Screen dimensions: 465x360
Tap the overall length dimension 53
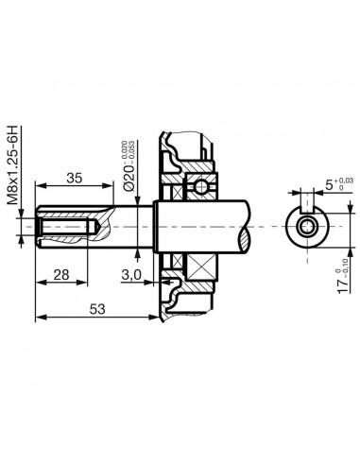pos(95,308)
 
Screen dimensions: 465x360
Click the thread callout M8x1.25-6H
pos(12,164)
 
